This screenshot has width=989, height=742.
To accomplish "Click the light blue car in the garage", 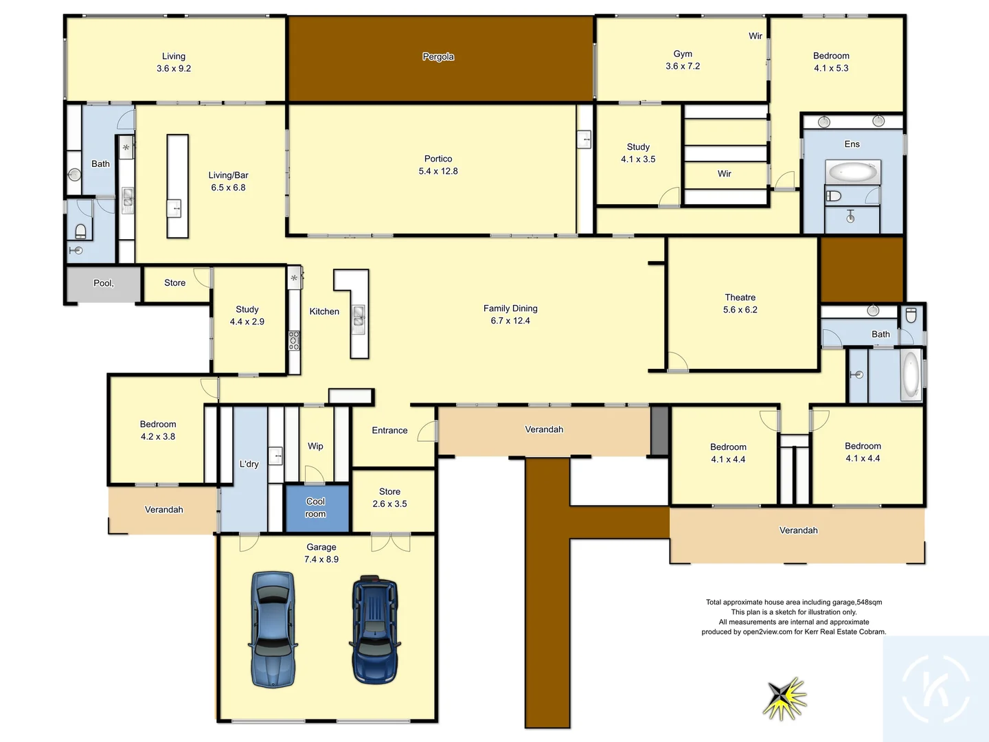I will pos(273,629).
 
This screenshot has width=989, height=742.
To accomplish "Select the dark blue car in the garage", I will pos(375,629).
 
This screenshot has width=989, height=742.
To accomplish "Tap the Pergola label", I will pos(438,56).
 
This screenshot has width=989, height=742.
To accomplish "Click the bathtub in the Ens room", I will pos(852,172).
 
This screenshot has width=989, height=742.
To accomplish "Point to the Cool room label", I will pos(316,508).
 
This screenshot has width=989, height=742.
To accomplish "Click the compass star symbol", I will pos(784,698).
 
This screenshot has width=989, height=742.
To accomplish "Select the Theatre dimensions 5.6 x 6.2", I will pos(740,310).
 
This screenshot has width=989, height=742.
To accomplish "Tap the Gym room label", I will pos(683,54).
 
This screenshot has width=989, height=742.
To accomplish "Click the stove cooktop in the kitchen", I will pos(294,341).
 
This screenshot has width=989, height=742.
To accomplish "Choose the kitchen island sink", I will pos(359,317).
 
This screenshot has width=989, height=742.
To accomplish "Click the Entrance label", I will pos(389,431).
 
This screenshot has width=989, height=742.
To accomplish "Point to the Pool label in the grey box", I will pos(104,283).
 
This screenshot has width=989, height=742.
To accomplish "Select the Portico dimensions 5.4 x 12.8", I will pos(438,171).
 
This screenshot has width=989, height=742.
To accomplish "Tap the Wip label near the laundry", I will pos(315,446).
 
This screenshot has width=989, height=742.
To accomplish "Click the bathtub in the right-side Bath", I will pos(911,375).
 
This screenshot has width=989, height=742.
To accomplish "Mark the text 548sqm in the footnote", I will pos(869,602).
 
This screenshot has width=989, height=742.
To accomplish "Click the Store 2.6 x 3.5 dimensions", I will pos(389,504).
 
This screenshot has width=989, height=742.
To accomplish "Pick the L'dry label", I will pos(249,464).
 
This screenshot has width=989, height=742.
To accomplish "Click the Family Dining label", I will pos(510,308).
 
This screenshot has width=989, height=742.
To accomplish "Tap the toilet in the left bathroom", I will pos(80,230).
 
